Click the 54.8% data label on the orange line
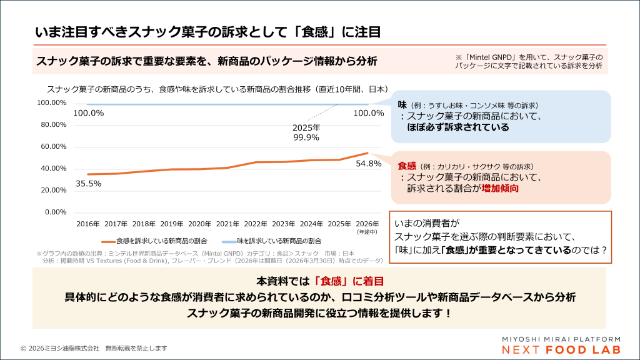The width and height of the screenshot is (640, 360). (x=368, y=164)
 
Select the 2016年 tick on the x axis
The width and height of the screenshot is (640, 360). (x=88, y=224)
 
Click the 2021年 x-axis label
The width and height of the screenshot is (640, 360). (x=228, y=224)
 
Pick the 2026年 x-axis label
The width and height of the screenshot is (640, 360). (x=367, y=224)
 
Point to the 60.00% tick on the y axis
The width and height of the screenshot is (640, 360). (x=54, y=146)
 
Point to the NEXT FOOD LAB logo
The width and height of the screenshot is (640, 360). (x=552, y=349)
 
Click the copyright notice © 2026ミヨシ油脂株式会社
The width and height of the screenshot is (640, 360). (x=94, y=348)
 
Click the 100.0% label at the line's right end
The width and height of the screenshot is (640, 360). (x=368, y=113)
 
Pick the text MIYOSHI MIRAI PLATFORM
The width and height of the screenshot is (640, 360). (x=552, y=338)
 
